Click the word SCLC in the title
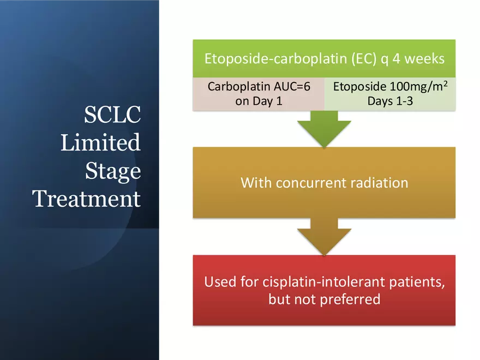coord(112,115)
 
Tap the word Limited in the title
coord(100,142)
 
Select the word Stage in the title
coord(113,171)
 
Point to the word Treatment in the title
coord(87,199)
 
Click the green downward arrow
coord(324,129)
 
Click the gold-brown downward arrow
coord(324,237)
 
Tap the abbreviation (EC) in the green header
coord(364,59)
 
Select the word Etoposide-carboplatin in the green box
coord(276,59)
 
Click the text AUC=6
coord(292,87)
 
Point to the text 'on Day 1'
coord(259,101)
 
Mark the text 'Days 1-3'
coord(390,101)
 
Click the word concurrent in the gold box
coord(311,183)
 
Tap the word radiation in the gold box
coord(379,183)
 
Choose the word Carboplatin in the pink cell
coord(239,87)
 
